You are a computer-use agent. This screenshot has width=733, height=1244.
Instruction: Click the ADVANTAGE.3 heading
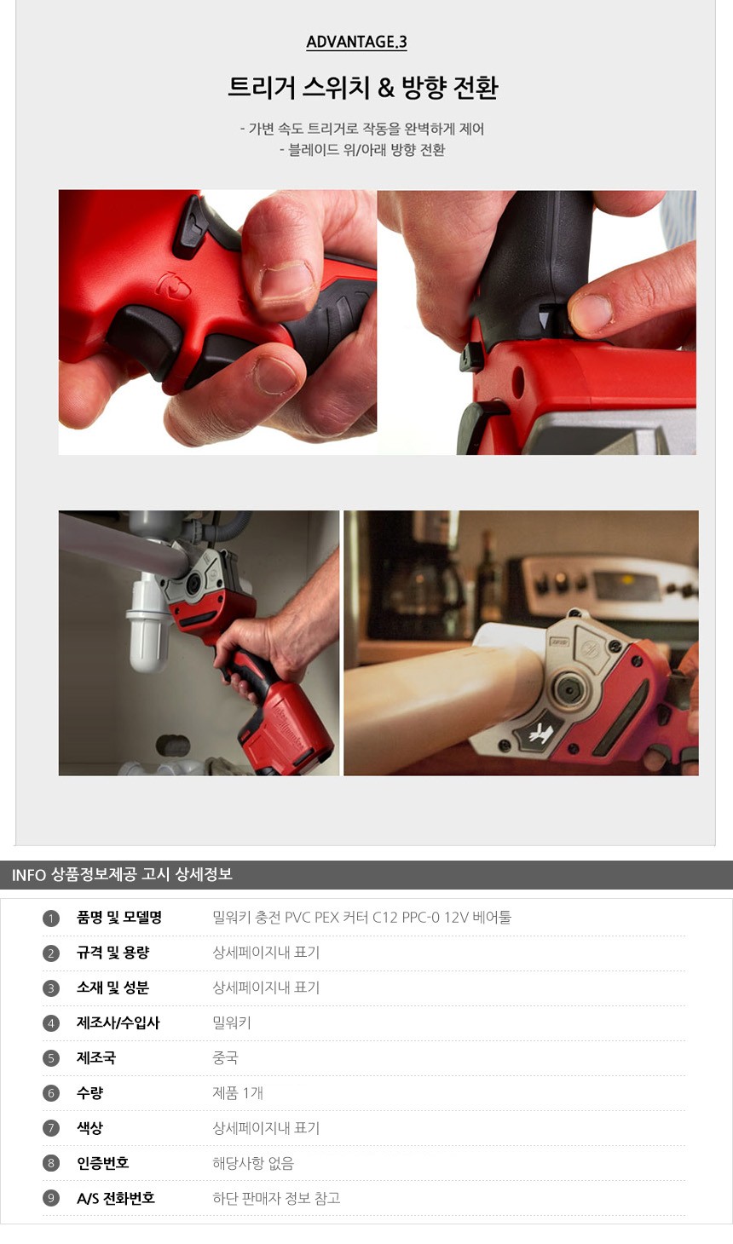click(x=356, y=42)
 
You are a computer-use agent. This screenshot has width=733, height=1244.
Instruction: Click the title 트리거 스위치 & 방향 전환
click(x=363, y=88)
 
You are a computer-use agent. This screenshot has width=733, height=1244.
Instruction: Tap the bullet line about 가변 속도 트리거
click(x=362, y=129)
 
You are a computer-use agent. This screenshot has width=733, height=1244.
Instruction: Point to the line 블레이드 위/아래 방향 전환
click(x=362, y=150)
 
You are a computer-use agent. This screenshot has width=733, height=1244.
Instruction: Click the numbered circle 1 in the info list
click(x=50, y=918)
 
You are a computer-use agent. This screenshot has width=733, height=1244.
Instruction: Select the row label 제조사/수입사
click(x=118, y=1022)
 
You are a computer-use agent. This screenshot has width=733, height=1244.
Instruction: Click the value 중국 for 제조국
click(x=225, y=1058)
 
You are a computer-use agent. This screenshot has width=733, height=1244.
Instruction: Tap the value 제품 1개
click(x=238, y=1093)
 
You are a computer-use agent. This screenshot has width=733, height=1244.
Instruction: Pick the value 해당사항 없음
click(x=253, y=1163)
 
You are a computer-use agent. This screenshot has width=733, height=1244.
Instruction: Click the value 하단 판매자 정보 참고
click(x=276, y=1198)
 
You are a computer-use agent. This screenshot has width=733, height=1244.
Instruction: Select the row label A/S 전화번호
click(x=116, y=1198)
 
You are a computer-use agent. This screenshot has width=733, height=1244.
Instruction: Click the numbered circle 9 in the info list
click(x=50, y=1198)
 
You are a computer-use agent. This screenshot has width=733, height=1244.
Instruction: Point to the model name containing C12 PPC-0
click(x=361, y=917)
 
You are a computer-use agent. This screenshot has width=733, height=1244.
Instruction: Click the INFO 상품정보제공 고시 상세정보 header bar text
click(x=122, y=875)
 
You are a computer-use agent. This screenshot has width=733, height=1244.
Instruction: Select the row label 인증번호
click(x=103, y=1163)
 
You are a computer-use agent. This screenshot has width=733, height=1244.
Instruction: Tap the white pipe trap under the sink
click(x=147, y=622)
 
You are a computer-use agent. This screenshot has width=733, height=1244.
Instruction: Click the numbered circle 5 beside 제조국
click(x=50, y=1058)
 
